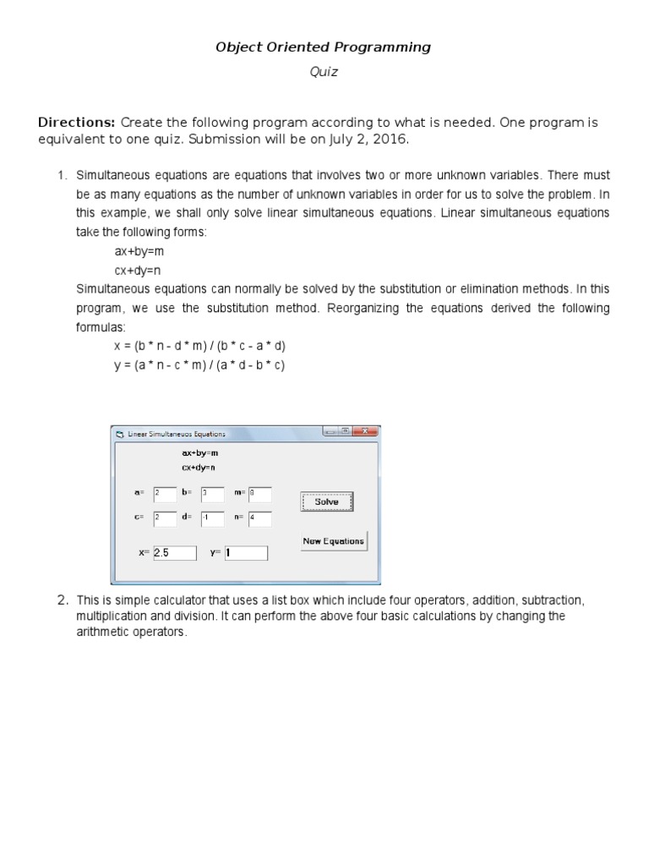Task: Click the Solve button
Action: pyautogui.click(x=326, y=502)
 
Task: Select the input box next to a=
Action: pyautogui.click(x=165, y=494)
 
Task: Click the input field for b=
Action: pyautogui.click(x=212, y=494)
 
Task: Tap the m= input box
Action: pyautogui.click(x=259, y=494)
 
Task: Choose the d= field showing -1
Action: pyautogui.click(x=212, y=518)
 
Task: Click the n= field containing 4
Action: pyautogui.click(x=259, y=518)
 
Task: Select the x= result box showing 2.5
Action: pyautogui.click(x=174, y=552)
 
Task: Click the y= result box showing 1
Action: pyautogui.click(x=245, y=552)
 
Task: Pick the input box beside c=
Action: pyautogui.click(x=165, y=518)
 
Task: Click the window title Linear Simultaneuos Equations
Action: pyautogui.click(x=177, y=434)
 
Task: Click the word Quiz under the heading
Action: pyautogui.click(x=324, y=72)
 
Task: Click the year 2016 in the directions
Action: pyautogui.click(x=393, y=140)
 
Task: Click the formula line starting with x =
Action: pyautogui.click(x=200, y=347)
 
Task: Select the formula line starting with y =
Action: pyautogui.click(x=199, y=365)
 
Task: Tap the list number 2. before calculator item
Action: pyautogui.click(x=62, y=600)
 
